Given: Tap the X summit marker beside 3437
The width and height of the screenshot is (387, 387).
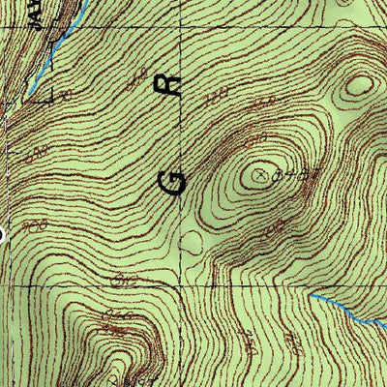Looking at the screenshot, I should pyautogui.click(x=258, y=175).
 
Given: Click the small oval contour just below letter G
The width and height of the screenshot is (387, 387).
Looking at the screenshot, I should pyautogui.click(x=192, y=241).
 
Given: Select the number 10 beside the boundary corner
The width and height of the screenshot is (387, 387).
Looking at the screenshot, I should pyautogui.click(x=66, y=95).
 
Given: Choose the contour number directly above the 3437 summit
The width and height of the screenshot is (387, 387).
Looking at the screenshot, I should pyautogui.click(x=259, y=104).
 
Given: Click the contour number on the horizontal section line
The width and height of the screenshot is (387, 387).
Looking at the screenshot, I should pyautogui.click(x=124, y=282).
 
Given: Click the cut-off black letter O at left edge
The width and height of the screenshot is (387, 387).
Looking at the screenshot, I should pyautogui.click(x=3, y=232).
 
